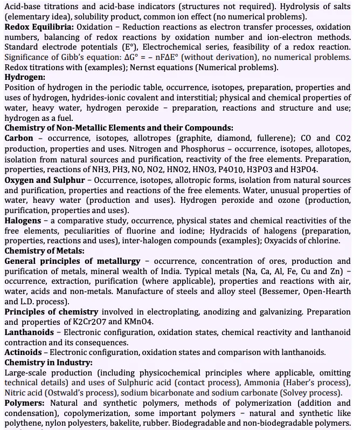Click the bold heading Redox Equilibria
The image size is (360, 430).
tap(38, 26)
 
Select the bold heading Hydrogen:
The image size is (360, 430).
tap(25, 78)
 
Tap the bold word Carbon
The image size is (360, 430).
tap(19, 138)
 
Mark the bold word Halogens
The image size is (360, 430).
tap(25, 220)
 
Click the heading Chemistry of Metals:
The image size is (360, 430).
tap(44, 251)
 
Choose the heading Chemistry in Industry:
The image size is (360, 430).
tap(49, 363)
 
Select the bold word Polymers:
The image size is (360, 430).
tap(26, 403)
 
